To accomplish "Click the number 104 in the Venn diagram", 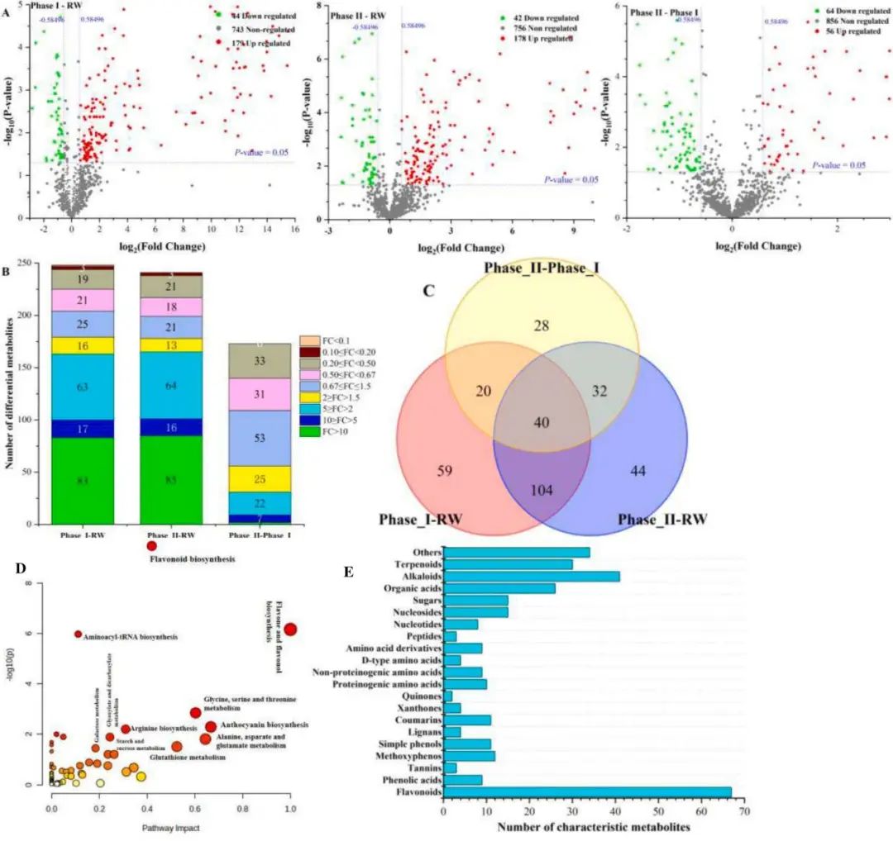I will [x=542, y=489].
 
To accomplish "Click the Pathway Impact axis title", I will [x=173, y=827].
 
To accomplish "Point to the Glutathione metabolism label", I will [x=187, y=757].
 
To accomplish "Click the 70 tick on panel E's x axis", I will [x=744, y=812].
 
